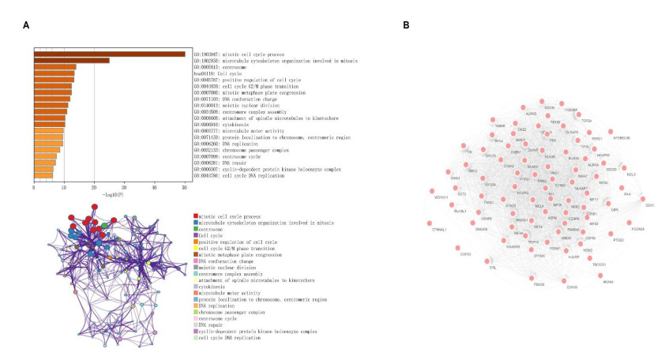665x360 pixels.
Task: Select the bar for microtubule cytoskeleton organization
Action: pyautogui.click(x=71, y=60)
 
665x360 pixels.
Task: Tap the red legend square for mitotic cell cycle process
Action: pyautogui.click(x=195, y=216)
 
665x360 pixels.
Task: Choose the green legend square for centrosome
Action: pyautogui.click(x=195, y=228)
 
